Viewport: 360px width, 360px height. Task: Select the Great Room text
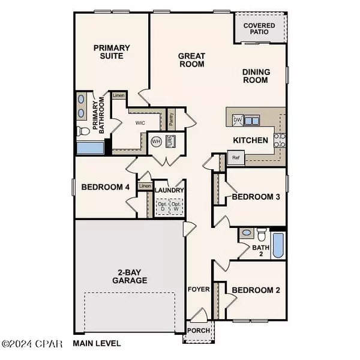[192, 60]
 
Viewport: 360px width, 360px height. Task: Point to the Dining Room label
[256, 76]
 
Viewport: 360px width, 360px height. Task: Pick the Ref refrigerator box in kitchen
[236, 158]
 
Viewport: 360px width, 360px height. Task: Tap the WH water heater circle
[156, 142]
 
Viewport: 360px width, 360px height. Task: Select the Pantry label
[171, 119]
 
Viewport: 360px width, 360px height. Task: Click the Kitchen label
[250, 140]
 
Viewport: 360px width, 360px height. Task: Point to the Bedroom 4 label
[106, 187]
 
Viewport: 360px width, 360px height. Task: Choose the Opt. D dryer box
[162, 206]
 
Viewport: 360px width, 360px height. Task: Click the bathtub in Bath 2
[278, 246]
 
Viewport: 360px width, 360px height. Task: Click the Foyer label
[200, 289]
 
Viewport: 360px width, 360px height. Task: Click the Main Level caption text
[97, 344]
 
